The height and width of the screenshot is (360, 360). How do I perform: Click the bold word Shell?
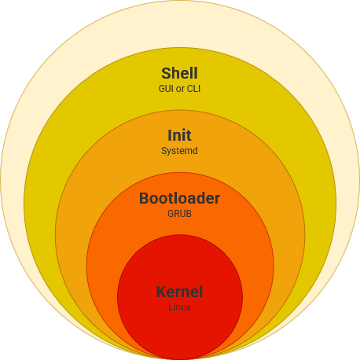179,73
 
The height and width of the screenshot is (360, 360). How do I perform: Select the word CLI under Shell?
193,89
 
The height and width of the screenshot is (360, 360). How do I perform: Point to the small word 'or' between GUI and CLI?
180,90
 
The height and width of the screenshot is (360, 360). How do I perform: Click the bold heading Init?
179,135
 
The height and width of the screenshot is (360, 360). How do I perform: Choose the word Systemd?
179,151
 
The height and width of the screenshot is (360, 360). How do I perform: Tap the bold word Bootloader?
179,198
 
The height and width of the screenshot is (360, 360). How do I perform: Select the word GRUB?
179,214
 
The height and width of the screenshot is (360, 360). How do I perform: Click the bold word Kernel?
179,292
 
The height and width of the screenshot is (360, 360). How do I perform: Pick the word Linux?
179,307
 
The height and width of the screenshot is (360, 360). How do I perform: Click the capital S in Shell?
166,73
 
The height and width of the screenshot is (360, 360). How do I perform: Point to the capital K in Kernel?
161,292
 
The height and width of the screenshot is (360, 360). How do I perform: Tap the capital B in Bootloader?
144,198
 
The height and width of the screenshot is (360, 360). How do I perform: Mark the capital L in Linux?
171,307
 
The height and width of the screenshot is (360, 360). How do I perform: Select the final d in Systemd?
195,151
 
